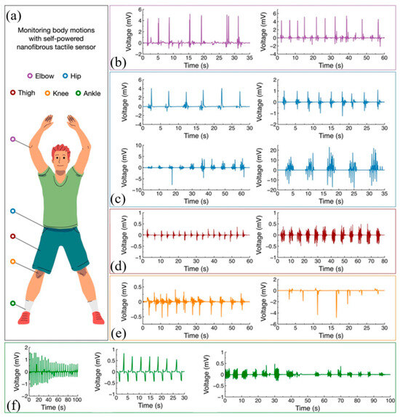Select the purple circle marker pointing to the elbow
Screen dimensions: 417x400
tap(12, 138)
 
